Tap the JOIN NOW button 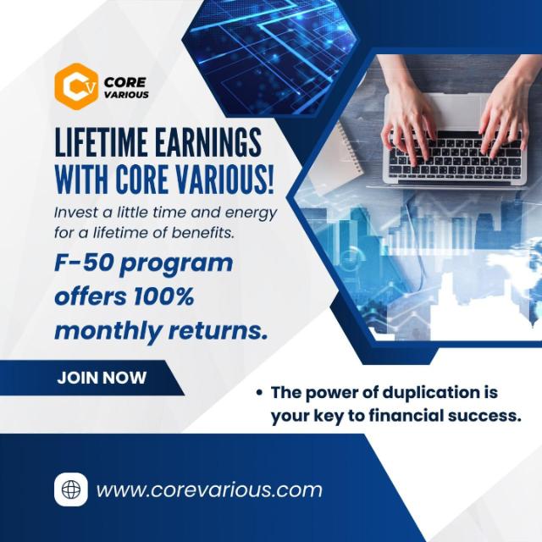tap(102, 378)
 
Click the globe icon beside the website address tap(71, 489)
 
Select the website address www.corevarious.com tap(209, 489)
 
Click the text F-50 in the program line tap(84, 263)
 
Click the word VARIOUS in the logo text tap(126, 95)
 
